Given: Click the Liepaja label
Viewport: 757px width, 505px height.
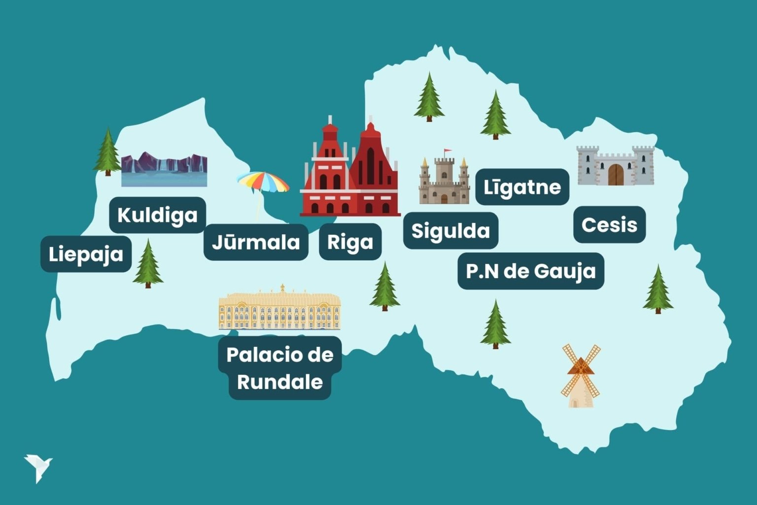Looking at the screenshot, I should click(86, 254).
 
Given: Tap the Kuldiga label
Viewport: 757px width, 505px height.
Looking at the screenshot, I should click(157, 215).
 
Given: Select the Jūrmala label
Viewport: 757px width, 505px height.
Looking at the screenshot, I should click(256, 242).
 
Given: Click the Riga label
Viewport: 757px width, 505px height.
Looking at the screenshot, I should click(350, 242).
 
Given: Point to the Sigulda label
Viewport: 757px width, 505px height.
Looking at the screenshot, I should click(450, 231).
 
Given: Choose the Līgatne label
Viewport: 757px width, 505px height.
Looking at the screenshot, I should click(522, 187).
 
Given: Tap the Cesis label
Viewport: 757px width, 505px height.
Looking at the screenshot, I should click(609, 225).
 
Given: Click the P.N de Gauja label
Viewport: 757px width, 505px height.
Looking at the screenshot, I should click(531, 271).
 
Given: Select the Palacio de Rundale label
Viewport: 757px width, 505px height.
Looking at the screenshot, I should click(280, 368).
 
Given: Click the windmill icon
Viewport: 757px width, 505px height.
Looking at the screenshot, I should click(581, 376).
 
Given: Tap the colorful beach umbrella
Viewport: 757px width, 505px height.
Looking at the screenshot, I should click(263, 183).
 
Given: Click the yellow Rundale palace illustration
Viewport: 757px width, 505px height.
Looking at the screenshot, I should click(279, 309).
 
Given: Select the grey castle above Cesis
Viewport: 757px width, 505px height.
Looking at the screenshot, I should click(615, 166).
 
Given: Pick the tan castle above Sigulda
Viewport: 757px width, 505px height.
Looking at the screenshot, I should click(444, 180).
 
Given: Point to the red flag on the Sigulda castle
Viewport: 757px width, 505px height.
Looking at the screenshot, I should click(447, 151).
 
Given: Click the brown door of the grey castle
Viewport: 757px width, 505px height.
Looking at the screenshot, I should click(616, 175).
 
